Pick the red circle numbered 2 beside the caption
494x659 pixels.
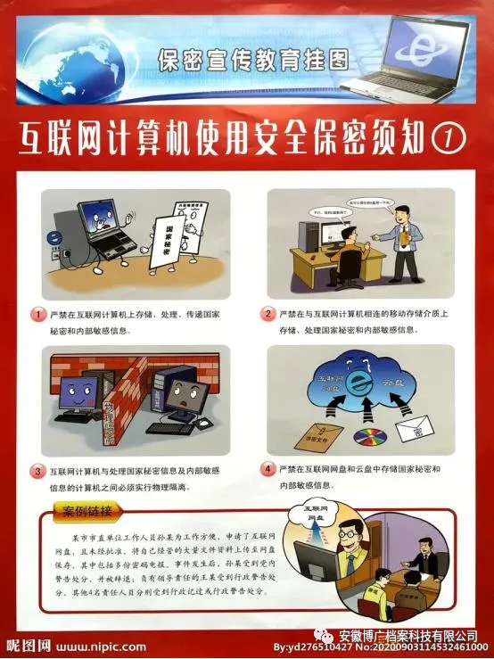coord(268,315)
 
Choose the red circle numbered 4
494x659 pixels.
coord(268,468)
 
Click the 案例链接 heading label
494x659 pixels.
coord(86,512)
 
